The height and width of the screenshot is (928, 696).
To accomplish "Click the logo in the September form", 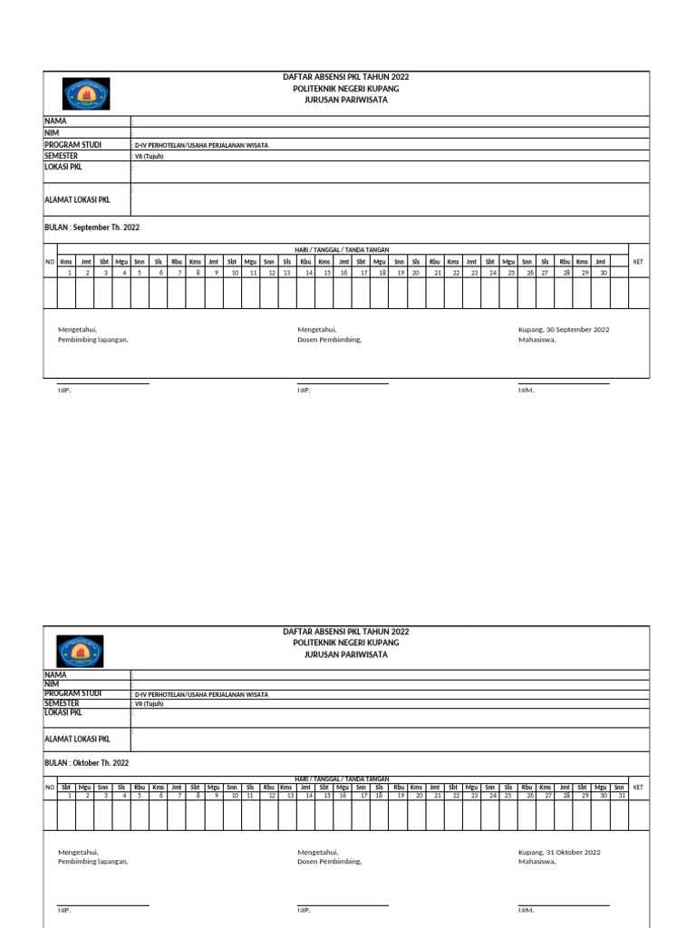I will coord(85,94).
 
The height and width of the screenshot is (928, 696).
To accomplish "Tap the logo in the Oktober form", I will coord(80,650).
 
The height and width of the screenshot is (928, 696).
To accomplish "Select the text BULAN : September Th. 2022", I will coord(92,227).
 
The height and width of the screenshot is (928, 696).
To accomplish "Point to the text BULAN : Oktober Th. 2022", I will coord(86,763).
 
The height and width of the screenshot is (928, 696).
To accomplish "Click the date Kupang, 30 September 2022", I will coord(563,330).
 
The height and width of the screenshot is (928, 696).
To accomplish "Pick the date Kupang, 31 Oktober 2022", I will coord(559,852).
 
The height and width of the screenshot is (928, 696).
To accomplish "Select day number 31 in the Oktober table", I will coord(621,796).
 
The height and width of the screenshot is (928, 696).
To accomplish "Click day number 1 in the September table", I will coord(69,272).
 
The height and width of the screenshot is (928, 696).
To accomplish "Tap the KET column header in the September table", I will coord(638,262).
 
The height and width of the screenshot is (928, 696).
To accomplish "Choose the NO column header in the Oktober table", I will coord(50,788).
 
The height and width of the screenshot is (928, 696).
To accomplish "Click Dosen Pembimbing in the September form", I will coord(329,340).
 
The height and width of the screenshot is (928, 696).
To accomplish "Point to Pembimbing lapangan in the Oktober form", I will coord(92,862).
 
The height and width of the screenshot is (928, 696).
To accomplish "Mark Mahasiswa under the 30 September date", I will coord(536,340).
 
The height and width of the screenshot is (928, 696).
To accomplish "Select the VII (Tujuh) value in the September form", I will coord(150,156).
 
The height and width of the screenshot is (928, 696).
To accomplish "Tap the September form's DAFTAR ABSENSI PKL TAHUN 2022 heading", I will coord(345,78).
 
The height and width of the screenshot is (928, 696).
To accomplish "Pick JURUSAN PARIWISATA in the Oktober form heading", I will coord(345,653).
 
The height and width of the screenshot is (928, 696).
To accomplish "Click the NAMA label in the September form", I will coord(55,121).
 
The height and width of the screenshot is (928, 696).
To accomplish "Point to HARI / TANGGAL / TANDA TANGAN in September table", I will coord(342,249).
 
